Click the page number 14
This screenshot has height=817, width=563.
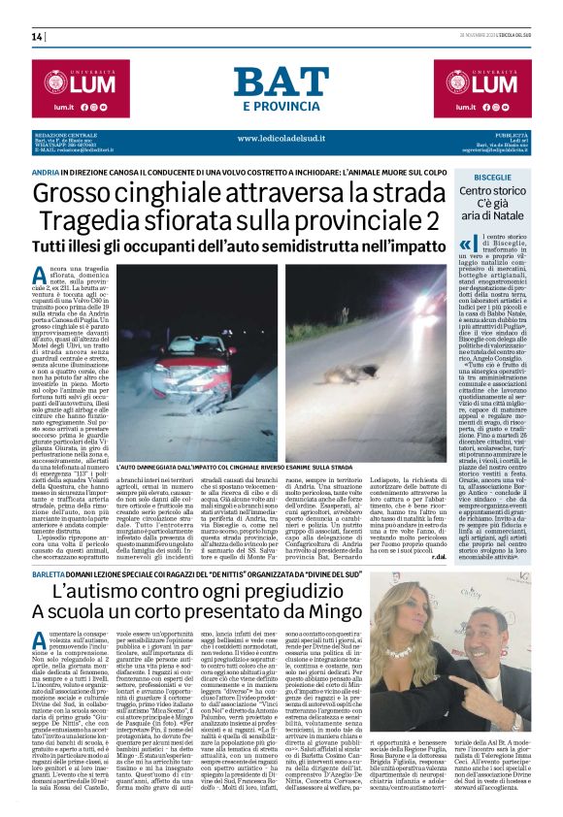(x=37, y=37)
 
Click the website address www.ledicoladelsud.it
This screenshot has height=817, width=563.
(x=281, y=138)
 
